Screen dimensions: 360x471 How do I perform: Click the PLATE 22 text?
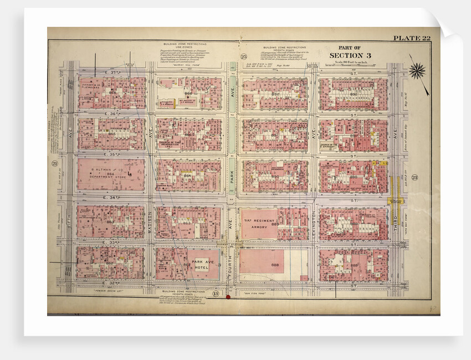coord(411,38)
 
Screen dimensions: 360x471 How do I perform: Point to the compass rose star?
coord(417,70)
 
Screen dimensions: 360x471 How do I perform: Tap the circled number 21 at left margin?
coord(54,163)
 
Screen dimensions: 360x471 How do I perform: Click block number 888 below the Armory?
coord(274,266)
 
